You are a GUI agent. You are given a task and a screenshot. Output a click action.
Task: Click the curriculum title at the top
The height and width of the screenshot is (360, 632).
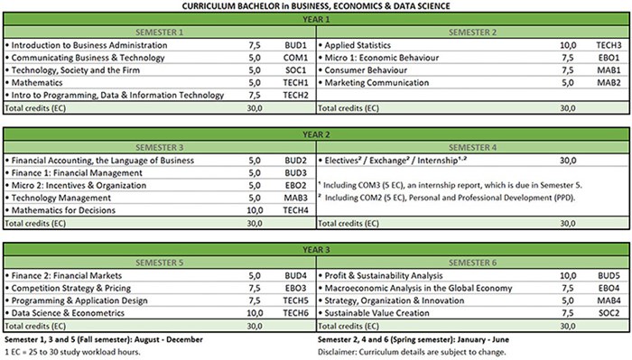(316, 6)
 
